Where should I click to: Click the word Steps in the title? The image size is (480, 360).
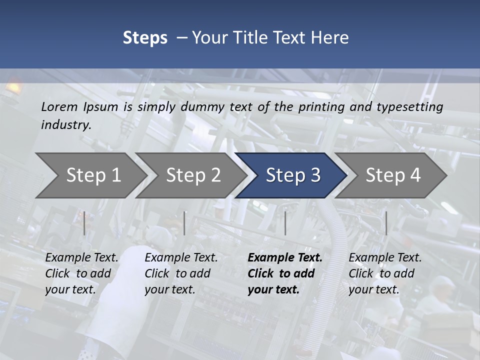click(x=145, y=38)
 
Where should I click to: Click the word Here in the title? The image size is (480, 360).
click(x=329, y=38)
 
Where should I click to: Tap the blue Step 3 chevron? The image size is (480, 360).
click(x=293, y=175)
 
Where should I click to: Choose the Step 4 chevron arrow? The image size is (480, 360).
click(x=393, y=175)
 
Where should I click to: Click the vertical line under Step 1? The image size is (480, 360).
click(x=84, y=223)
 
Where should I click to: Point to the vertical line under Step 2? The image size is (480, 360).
click(x=184, y=223)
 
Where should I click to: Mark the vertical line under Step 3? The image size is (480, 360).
click(x=285, y=223)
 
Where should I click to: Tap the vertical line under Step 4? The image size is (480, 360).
click(x=386, y=223)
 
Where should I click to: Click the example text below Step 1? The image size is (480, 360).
click(x=81, y=273)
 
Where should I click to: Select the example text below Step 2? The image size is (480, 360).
click(x=181, y=273)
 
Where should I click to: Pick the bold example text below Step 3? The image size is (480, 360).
click(x=285, y=273)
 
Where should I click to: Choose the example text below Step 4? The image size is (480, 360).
click(x=385, y=273)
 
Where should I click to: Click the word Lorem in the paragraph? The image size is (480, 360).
click(x=59, y=107)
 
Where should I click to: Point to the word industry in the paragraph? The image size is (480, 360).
click(x=66, y=125)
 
